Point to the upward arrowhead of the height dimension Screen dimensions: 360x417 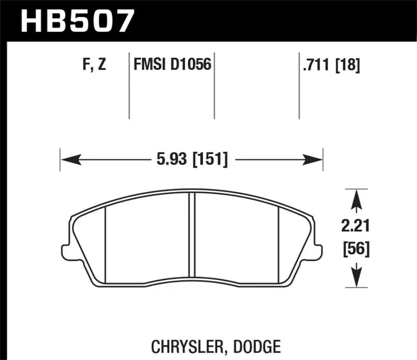tap(356, 197)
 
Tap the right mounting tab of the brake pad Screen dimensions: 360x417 tap(318, 252)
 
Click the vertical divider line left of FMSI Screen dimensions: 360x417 tap(129, 86)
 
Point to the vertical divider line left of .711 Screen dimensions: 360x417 tap(299, 86)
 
